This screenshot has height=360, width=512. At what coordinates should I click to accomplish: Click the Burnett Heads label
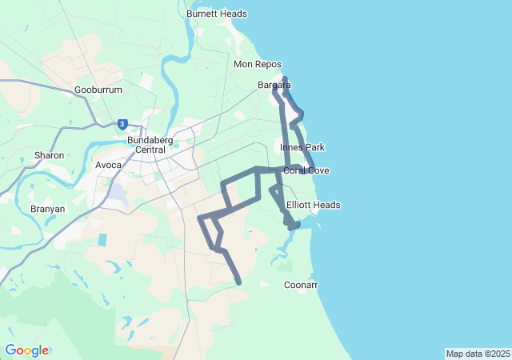(x=216, y=14)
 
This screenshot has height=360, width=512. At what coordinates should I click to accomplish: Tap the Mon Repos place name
(x=255, y=64)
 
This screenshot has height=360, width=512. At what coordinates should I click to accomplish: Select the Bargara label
(x=274, y=85)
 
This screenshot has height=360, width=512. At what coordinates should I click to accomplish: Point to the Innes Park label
(x=302, y=148)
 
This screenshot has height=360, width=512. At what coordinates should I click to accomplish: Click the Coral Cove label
(x=306, y=170)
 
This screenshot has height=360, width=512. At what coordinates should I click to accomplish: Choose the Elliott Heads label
(x=314, y=205)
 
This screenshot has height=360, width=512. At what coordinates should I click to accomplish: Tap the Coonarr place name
(x=301, y=285)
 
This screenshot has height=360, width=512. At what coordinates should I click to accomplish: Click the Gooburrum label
(x=98, y=90)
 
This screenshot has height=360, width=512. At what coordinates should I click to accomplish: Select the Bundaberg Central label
(x=146, y=145)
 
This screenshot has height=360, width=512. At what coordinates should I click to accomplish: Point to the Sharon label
(x=49, y=155)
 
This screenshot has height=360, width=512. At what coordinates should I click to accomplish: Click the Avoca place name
(x=108, y=165)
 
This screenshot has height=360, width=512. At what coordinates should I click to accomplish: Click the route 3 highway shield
(x=122, y=124)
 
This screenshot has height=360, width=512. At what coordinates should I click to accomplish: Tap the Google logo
(x=26, y=350)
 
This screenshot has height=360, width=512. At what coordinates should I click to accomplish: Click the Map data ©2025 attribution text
(x=478, y=354)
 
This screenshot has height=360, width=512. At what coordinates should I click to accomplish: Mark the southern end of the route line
(x=238, y=282)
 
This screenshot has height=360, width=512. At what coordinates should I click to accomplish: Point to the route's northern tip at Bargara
(x=286, y=78)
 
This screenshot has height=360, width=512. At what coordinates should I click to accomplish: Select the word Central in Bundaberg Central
(x=150, y=150)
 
